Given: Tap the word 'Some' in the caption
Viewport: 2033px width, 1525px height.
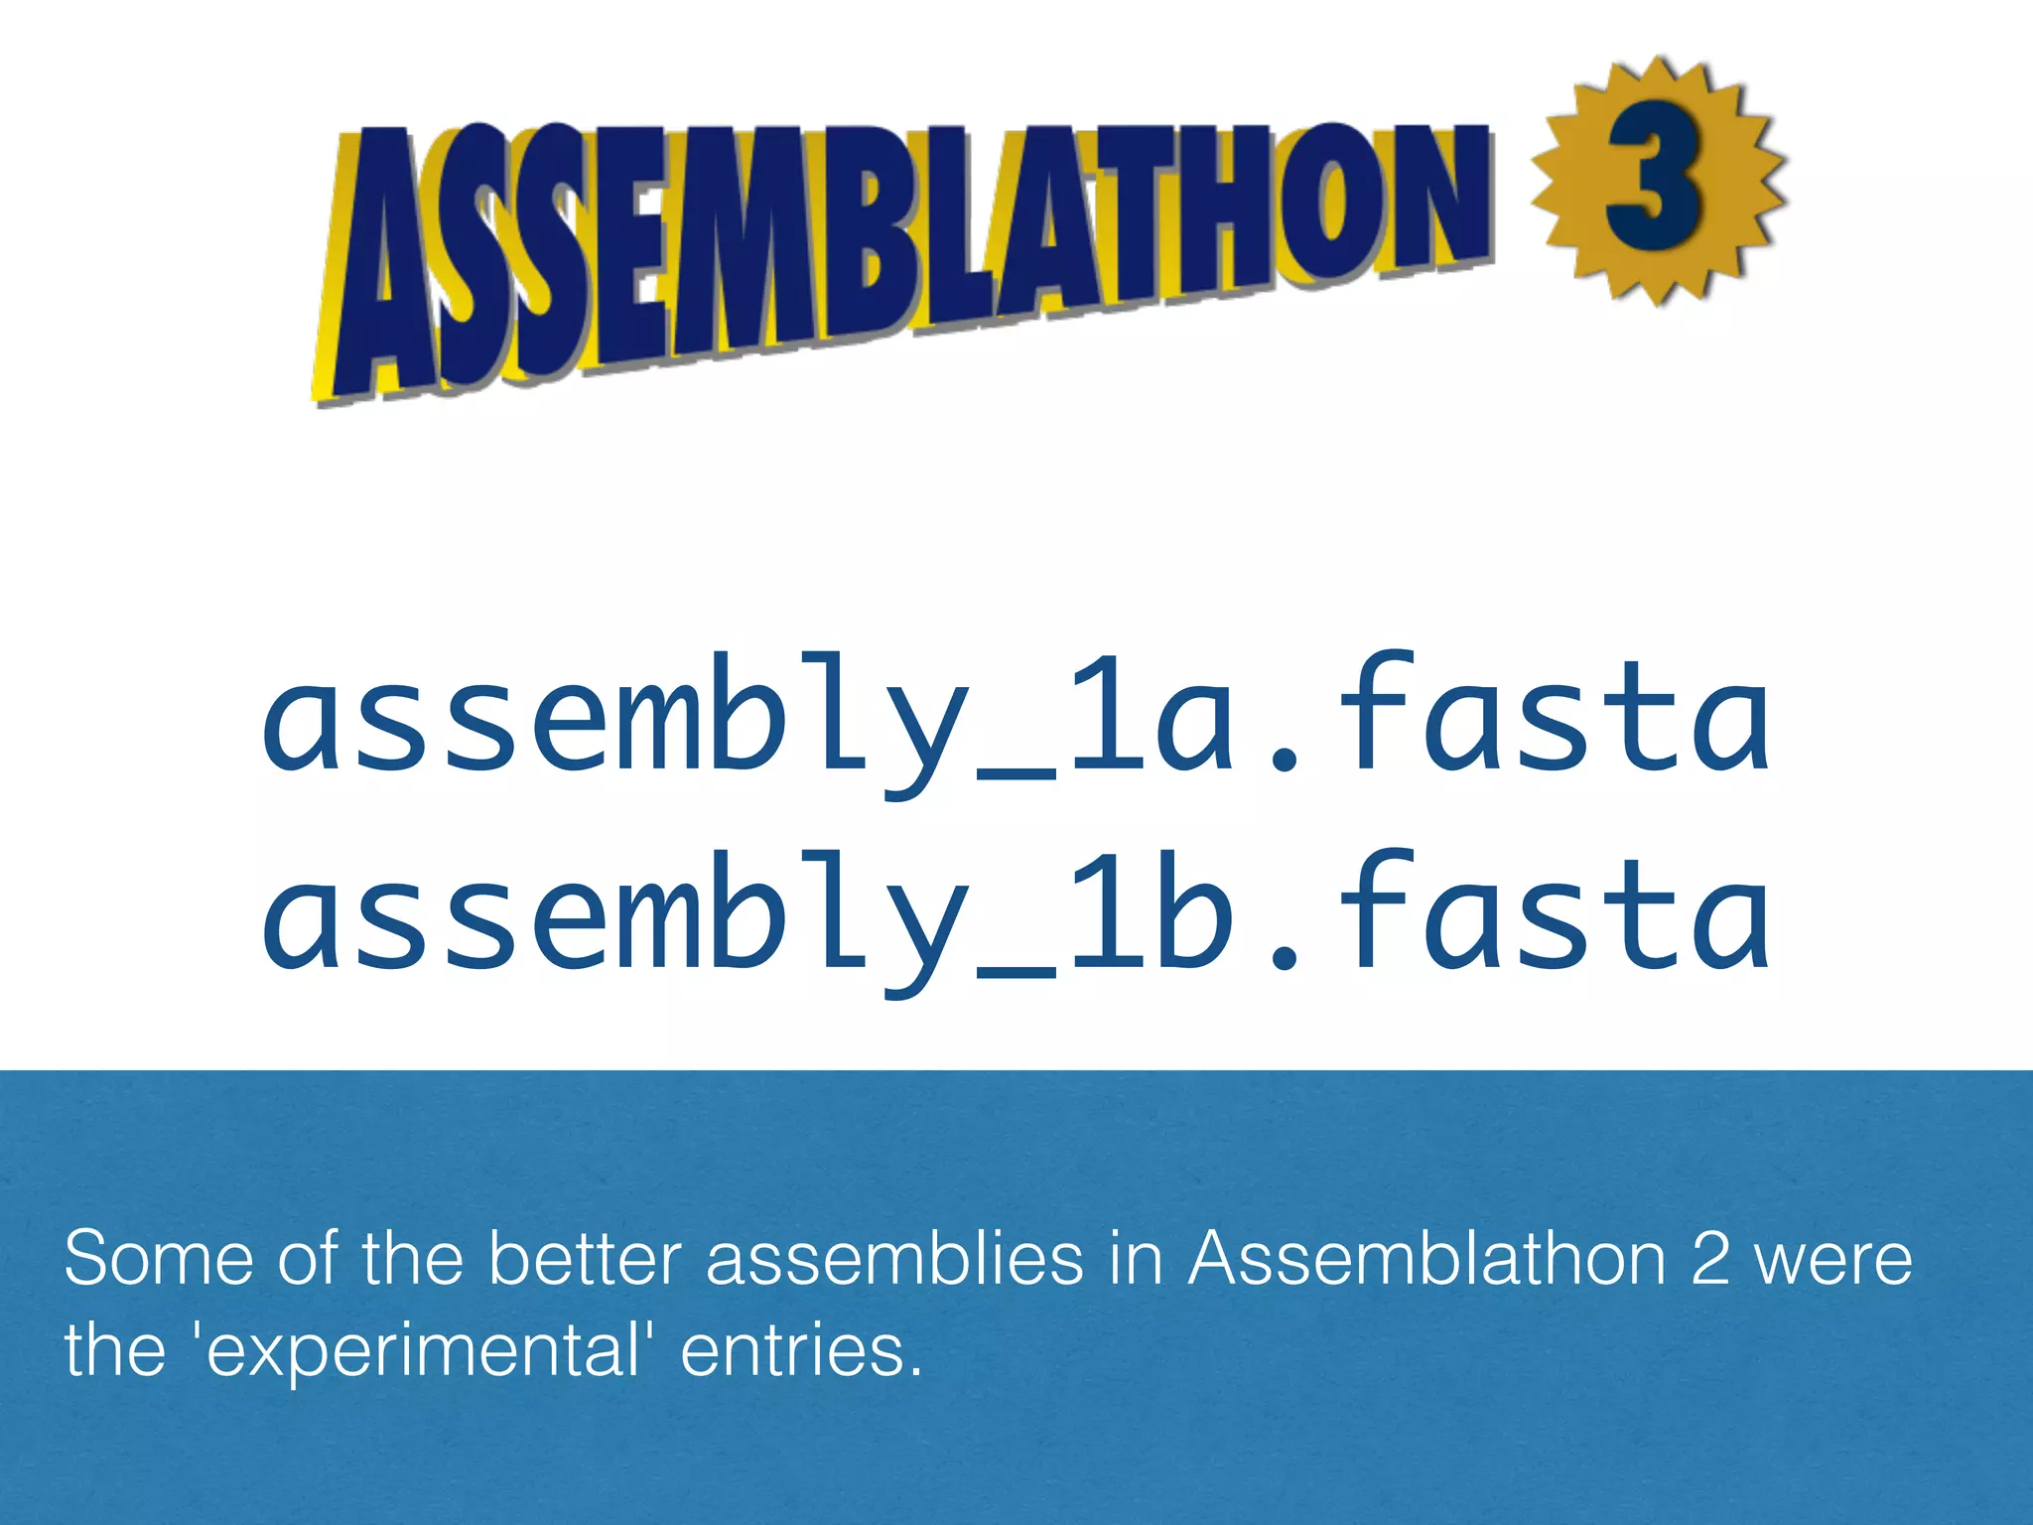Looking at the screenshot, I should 159,1259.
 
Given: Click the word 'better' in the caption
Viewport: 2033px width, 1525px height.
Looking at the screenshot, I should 585,1259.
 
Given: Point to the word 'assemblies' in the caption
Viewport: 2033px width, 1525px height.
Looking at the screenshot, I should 894,1259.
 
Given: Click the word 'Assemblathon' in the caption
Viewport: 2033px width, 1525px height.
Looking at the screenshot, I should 1427,1259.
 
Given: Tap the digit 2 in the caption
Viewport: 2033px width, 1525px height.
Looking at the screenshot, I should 1710,1259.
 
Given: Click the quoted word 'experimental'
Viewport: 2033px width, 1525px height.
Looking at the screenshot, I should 423,1352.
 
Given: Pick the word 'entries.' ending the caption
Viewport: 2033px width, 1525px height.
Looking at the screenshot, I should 801,1352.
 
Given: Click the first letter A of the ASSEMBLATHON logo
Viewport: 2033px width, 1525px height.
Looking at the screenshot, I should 382,268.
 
